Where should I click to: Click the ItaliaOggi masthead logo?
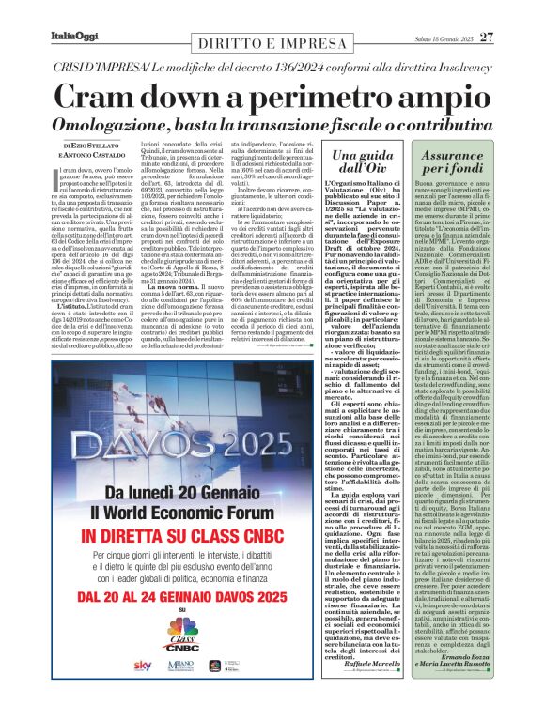(x=72, y=37)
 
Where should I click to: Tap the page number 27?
(x=486, y=38)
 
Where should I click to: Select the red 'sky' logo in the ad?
(x=142, y=665)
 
